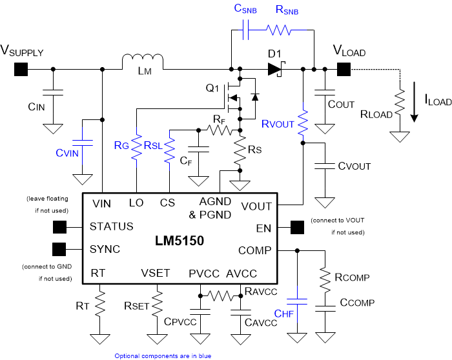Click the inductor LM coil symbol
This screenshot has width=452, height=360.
click(x=143, y=63)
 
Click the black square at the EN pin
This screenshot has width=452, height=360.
click(x=297, y=227)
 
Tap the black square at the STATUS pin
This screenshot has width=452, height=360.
click(x=60, y=227)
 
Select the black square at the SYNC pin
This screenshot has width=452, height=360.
click(x=60, y=249)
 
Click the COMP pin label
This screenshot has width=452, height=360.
click(x=255, y=250)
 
